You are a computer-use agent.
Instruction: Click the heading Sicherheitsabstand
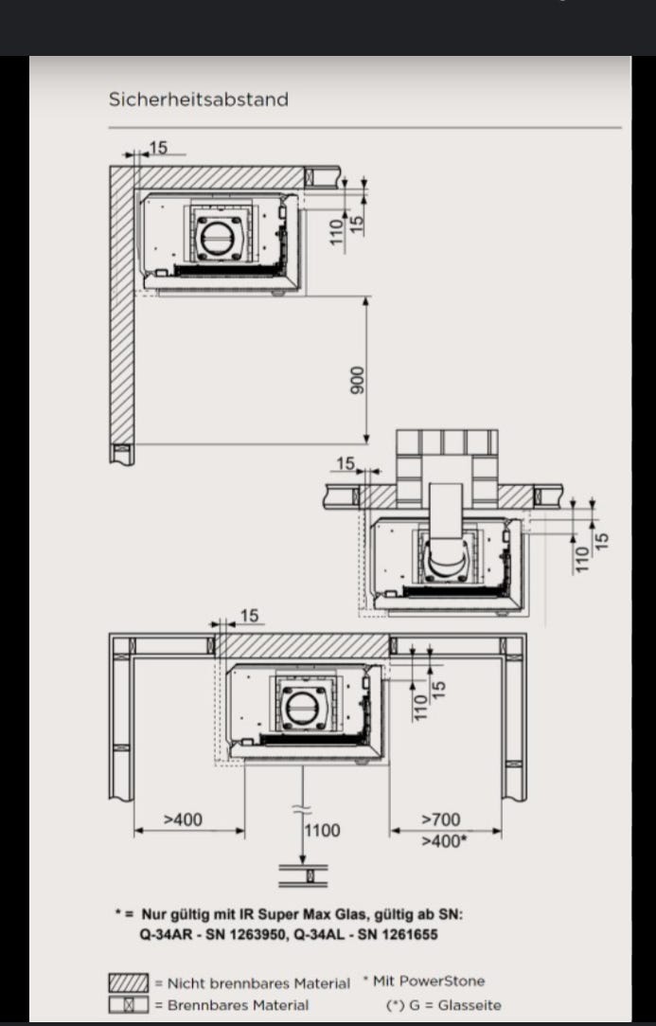[x=198, y=99]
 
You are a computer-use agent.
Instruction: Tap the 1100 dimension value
[x=323, y=830]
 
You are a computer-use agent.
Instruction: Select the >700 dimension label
[x=441, y=819]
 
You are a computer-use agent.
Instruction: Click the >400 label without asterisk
[x=183, y=819]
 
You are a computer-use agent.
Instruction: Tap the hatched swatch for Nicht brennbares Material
[x=128, y=982]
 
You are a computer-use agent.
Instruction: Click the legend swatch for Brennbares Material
[x=128, y=1004]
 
